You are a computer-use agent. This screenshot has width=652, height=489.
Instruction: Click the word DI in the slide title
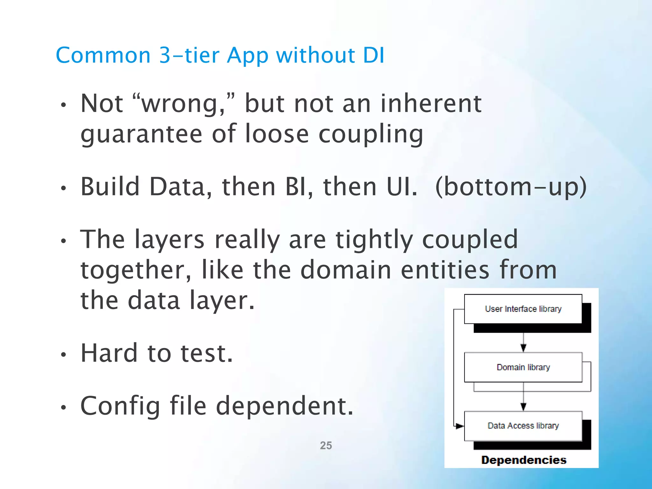tap(374, 55)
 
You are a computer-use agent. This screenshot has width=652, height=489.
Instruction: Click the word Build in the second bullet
tap(110, 187)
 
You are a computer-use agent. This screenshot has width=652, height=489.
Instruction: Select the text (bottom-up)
tap(511, 187)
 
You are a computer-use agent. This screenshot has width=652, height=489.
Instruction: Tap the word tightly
tap(374, 239)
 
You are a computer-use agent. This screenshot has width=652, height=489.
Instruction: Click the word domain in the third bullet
tap(346, 270)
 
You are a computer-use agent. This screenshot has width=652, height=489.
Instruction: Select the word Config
tap(120, 406)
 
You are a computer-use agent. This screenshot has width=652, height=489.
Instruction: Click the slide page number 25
tap(326, 445)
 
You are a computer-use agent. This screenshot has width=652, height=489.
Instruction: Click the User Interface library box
tap(523, 309)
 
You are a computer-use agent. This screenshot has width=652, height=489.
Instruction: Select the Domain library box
tap(523, 367)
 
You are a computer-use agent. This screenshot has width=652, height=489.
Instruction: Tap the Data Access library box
tap(523, 426)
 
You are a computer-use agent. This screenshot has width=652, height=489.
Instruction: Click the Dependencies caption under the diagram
tap(524, 460)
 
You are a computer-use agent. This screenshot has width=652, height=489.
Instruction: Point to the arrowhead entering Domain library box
tap(523, 348)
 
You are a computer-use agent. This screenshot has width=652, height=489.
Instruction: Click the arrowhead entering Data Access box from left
tap(459, 426)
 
